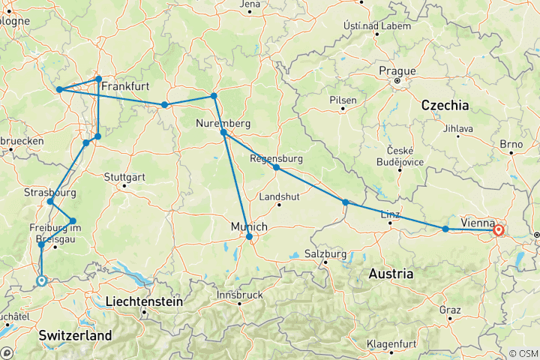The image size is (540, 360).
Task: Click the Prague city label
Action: (x=397, y=70)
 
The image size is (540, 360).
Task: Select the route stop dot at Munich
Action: (x=249, y=237)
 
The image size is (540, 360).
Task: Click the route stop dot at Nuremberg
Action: (x=223, y=133)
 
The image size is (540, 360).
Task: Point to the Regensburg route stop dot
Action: (x=276, y=167)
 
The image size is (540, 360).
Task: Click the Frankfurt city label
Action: (x=125, y=87)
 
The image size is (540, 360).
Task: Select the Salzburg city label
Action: (x=326, y=255)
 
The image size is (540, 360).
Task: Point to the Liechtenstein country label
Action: (x=144, y=301)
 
